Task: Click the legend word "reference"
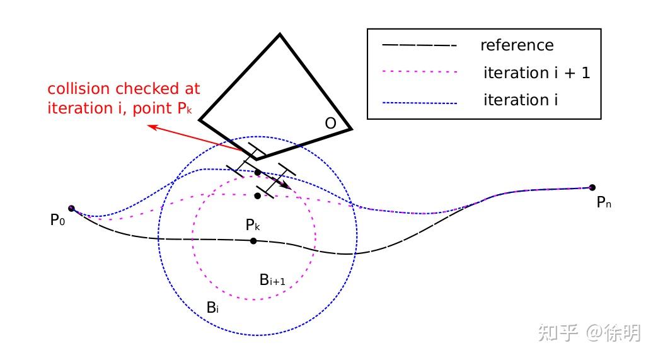[516, 45]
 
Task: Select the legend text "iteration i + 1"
[536, 73]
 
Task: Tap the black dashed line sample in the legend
[418, 45]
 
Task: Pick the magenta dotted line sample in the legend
[418, 73]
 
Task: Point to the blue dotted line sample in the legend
[418, 100]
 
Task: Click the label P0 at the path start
[57, 221]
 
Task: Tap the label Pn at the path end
[604, 203]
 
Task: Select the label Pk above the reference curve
[253, 224]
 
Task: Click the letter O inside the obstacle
[330, 124]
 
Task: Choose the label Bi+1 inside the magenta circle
[272, 280]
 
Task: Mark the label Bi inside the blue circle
[212, 308]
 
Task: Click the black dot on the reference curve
[253, 241]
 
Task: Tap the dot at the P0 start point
[71, 208]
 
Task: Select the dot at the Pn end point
[592, 187]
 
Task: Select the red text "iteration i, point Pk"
[123, 108]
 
